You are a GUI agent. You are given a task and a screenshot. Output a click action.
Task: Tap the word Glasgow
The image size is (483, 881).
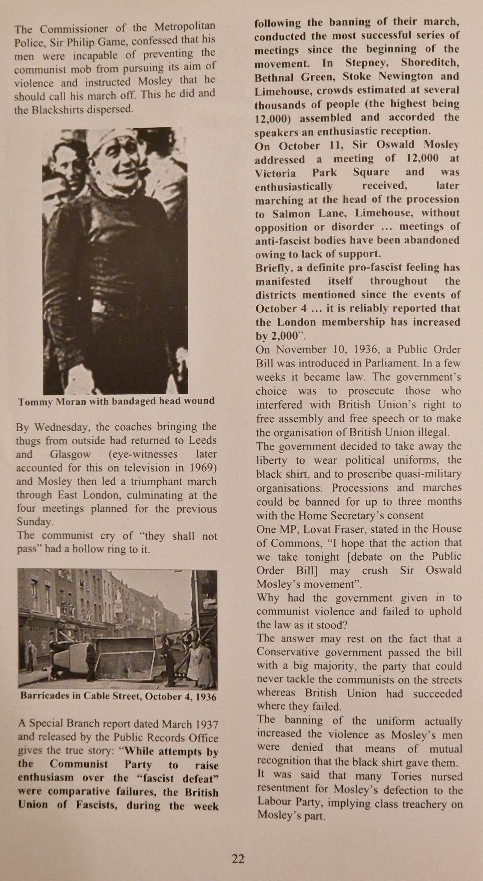pos(70,454)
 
